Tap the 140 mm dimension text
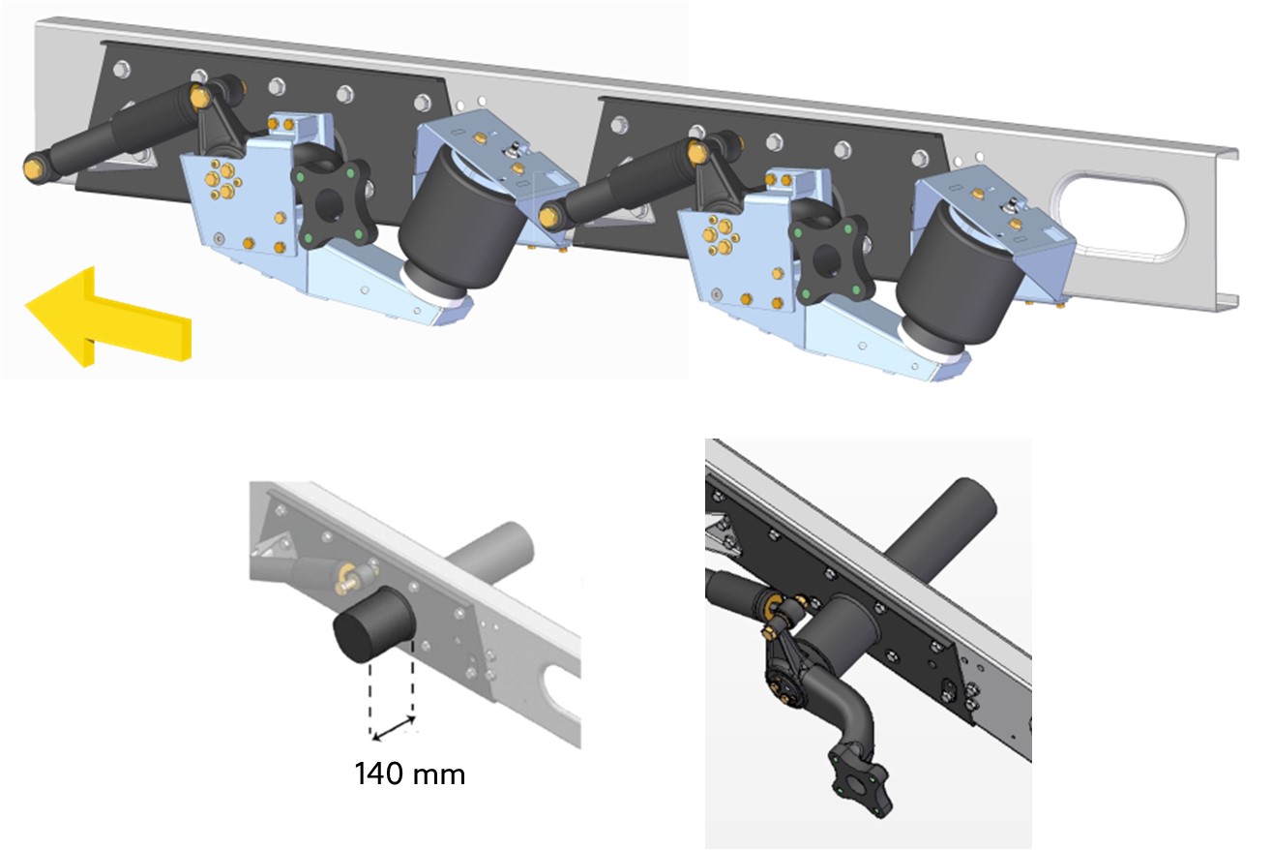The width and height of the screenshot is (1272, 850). (409, 774)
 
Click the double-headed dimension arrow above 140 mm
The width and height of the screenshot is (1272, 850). (393, 728)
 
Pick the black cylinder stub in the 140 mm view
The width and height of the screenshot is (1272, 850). (373, 625)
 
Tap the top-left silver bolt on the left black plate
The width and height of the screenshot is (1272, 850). (121, 70)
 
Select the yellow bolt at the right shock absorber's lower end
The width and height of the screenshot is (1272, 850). (548, 217)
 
